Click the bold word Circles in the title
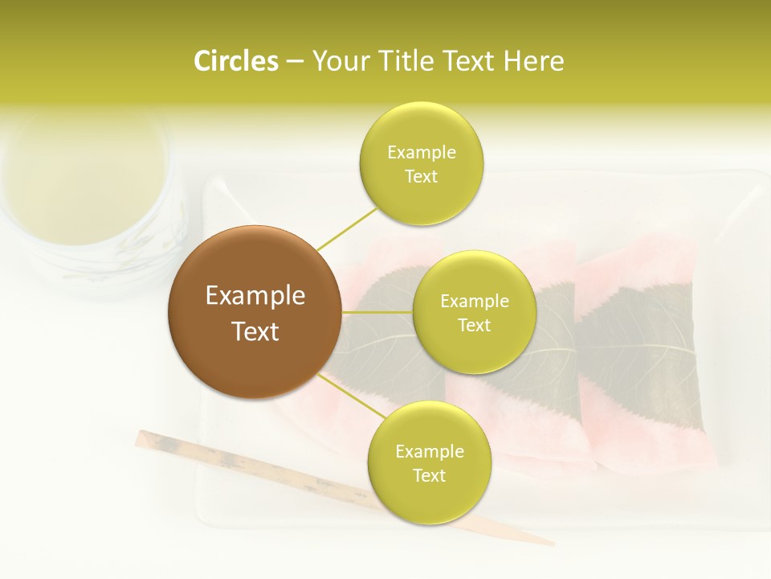click(x=236, y=61)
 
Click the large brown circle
click(x=255, y=312)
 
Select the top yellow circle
click(x=421, y=163)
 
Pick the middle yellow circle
click(x=474, y=312)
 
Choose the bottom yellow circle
click(x=429, y=462)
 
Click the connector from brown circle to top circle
click(x=347, y=228)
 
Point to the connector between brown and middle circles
click(x=377, y=312)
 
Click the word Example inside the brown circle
click(x=255, y=296)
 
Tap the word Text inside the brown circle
click(x=255, y=331)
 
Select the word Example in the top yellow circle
click(x=421, y=152)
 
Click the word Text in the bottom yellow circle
click(x=429, y=475)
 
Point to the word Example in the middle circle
click(x=474, y=302)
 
